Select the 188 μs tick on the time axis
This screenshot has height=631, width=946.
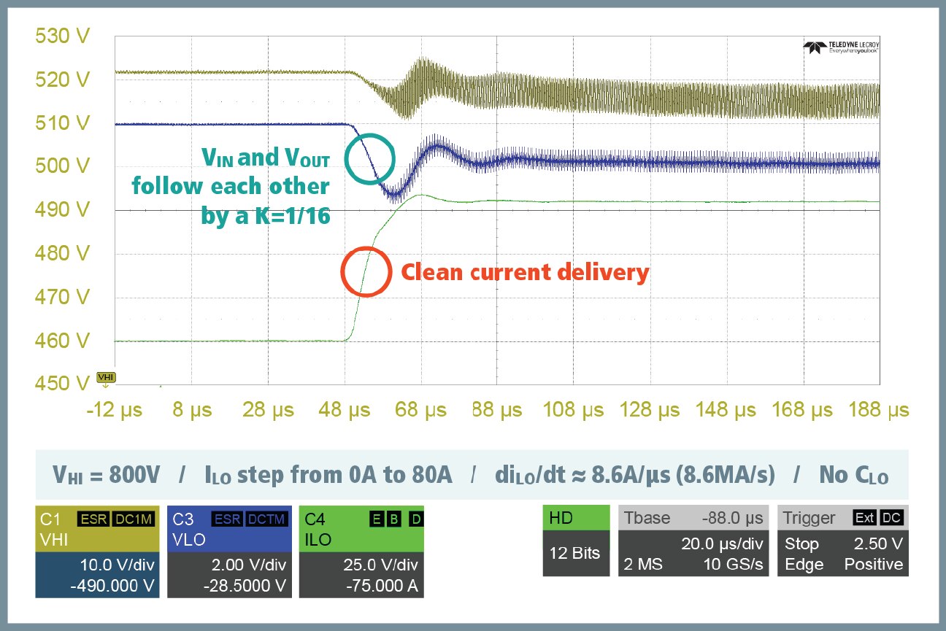point(878,411)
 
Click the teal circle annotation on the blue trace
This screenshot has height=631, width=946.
point(369,158)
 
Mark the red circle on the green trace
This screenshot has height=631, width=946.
point(366,272)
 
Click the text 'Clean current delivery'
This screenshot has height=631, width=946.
point(525,272)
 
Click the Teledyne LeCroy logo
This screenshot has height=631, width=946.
point(841,48)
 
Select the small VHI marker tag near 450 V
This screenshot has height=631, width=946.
point(106,377)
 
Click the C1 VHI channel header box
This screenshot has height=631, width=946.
point(97,529)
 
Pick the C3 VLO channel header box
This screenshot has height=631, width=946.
point(229,529)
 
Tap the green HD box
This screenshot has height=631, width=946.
point(576,518)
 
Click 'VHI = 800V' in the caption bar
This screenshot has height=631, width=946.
point(105,476)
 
